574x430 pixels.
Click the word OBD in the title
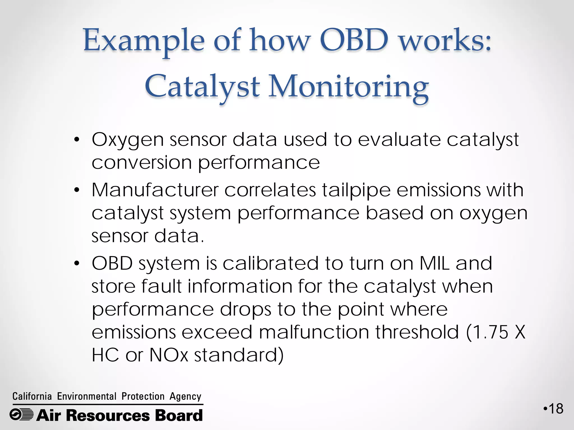click(x=354, y=40)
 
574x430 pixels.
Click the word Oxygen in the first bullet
click(x=128, y=140)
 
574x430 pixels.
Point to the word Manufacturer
click(x=155, y=190)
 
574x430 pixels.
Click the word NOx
click(x=169, y=355)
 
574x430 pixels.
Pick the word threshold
click(x=417, y=332)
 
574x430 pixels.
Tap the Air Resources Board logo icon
click(x=21, y=415)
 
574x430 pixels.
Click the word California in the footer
click(x=32, y=396)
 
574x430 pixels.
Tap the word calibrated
click(x=270, y=263)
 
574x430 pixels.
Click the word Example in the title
click(x=144, y=41)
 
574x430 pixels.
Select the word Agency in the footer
click(x=185, y=397)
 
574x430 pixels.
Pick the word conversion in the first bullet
click(x=142, y=163)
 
